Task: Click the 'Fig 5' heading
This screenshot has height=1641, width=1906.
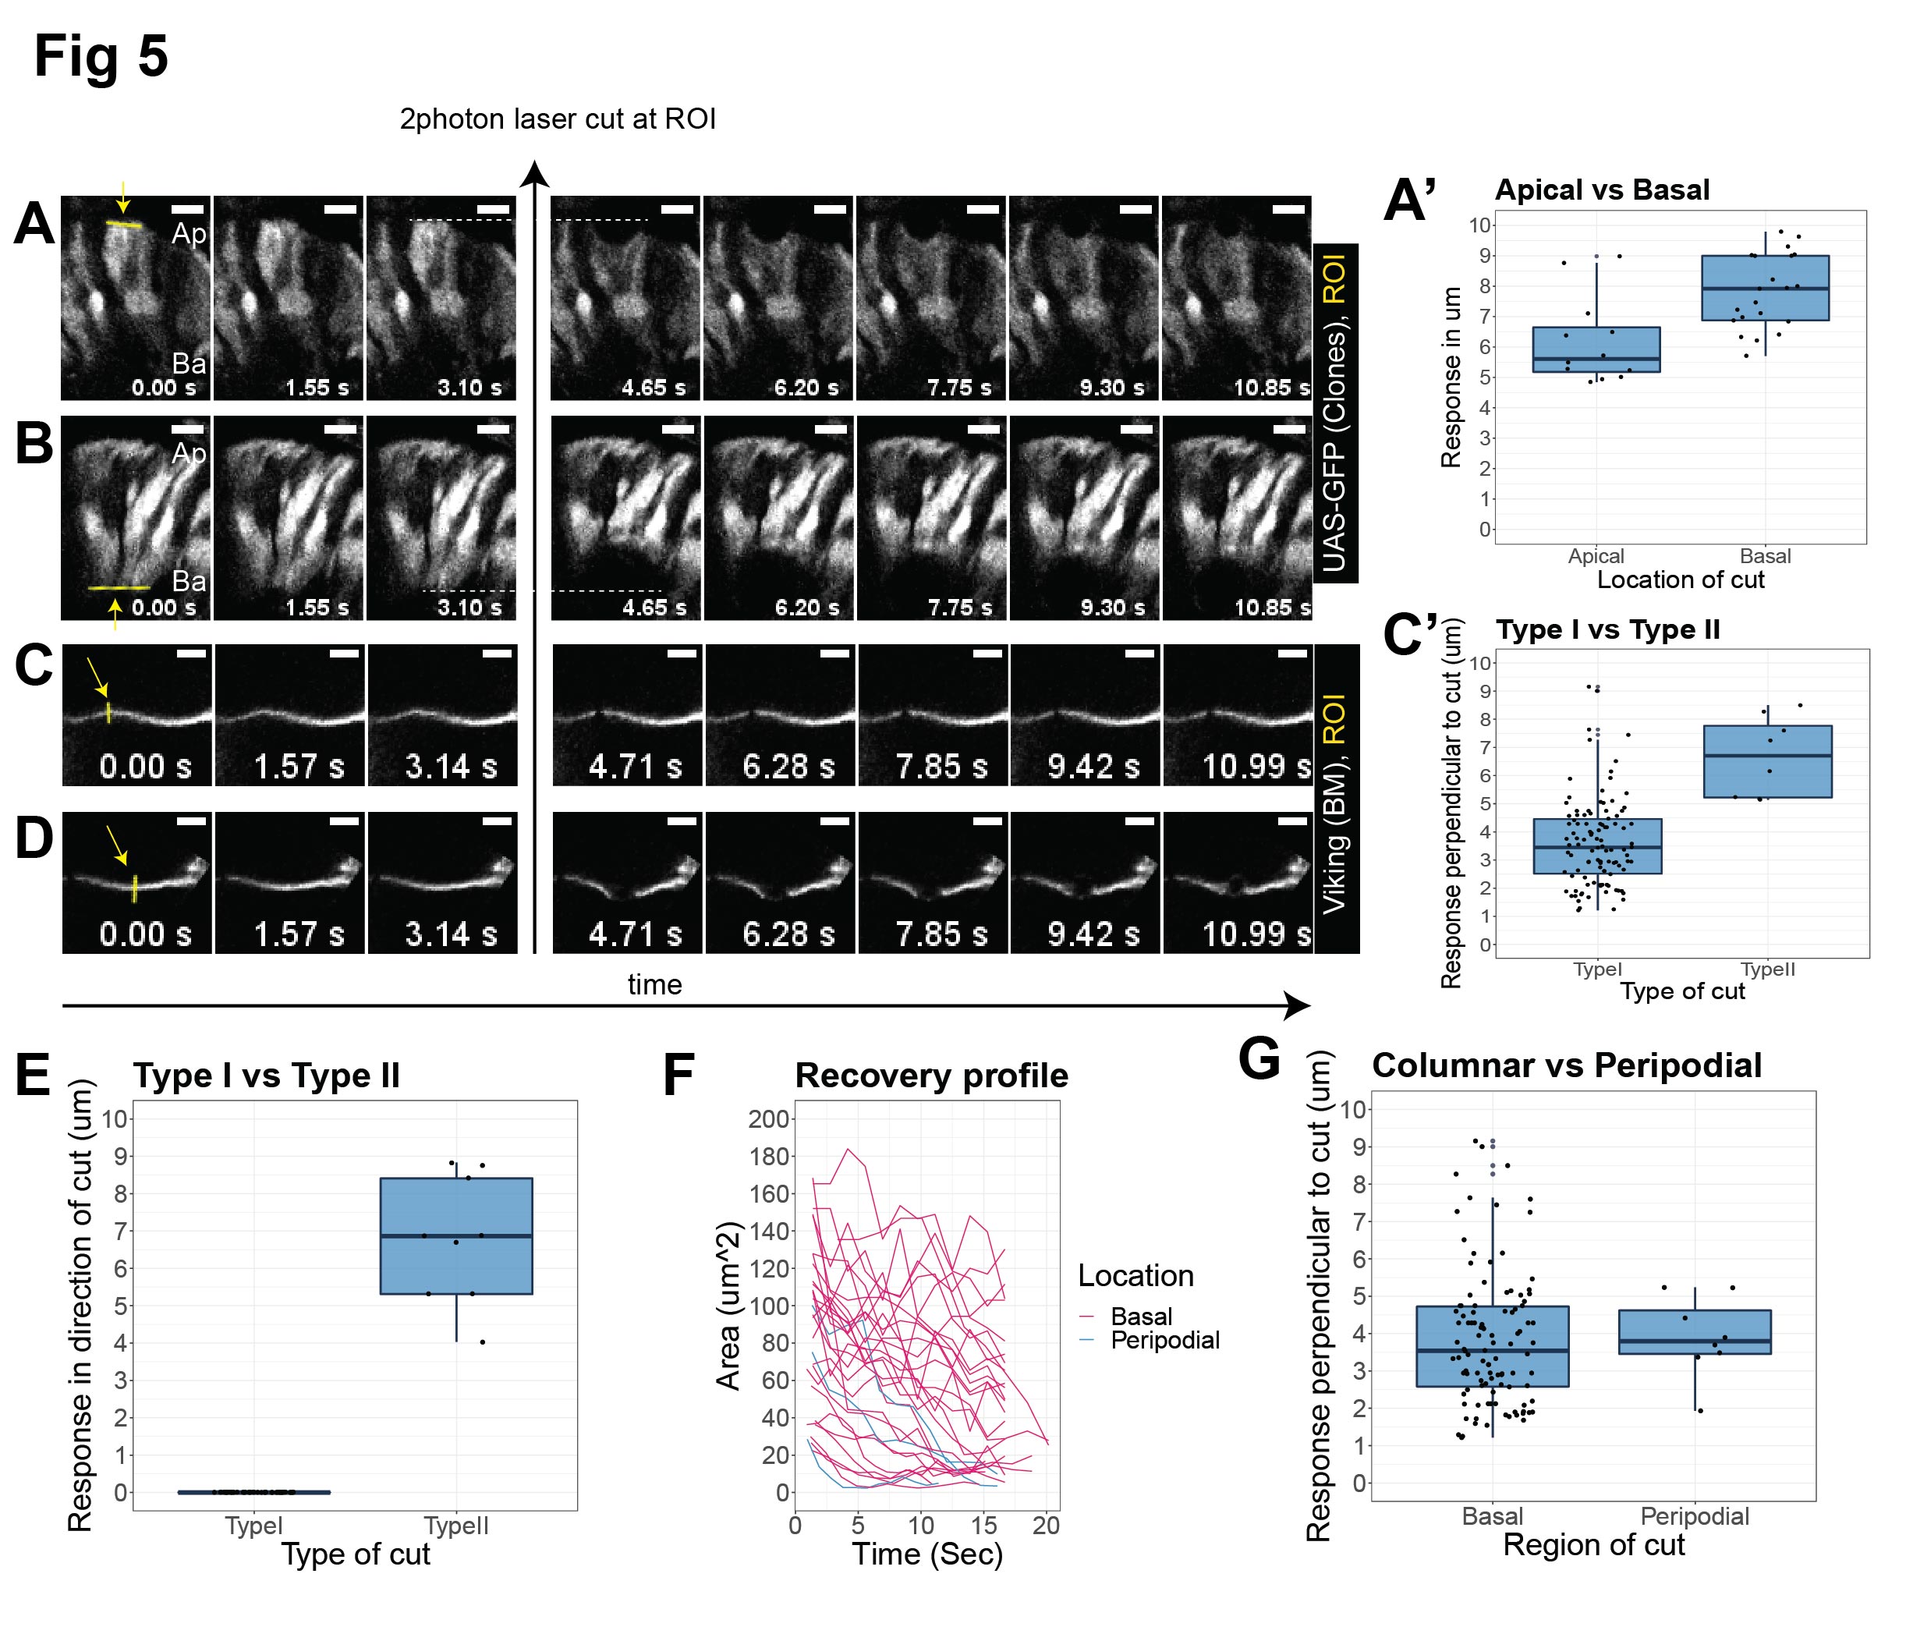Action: (101, 57)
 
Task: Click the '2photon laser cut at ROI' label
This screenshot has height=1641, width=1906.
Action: (558, 119)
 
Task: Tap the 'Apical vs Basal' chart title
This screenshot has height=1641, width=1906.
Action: (1602, 190)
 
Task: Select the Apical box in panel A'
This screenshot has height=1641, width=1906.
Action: (1596, 349)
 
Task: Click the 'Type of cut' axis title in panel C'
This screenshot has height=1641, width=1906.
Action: (1681, 991)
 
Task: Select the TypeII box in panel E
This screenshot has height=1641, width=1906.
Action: (456, 1235)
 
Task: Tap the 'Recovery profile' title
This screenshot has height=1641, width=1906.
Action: (931, 1076)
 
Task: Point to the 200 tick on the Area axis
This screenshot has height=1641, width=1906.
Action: (769, 1119)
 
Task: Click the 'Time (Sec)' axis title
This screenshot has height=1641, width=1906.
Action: (927, 1554)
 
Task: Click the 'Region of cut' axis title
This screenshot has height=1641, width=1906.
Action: (1593, 1544)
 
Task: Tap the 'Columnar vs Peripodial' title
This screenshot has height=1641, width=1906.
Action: (1567, 1065)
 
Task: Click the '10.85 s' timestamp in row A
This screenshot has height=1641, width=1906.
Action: (1270, 388)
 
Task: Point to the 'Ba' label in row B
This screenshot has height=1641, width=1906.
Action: (189, 581)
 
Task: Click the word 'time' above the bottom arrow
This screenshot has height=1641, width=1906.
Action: (654, 984)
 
